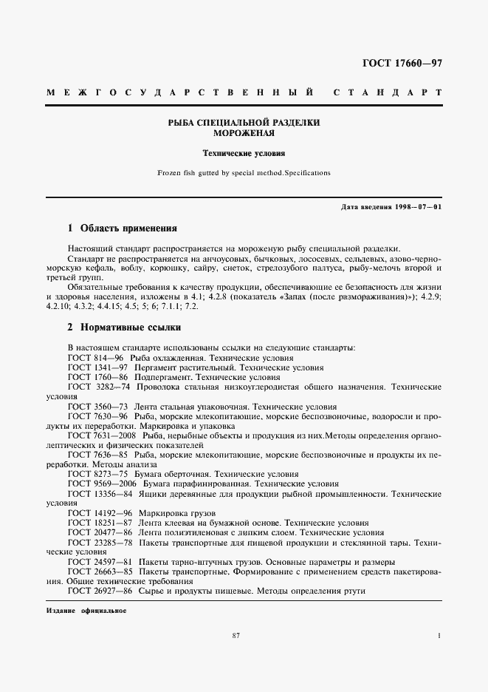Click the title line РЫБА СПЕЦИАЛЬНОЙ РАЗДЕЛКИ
coord(244,123)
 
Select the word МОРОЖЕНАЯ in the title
coord(244,134)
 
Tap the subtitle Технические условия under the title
coord(244,154)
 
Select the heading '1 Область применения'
coord(123,228)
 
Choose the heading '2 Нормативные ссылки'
coord(124,328)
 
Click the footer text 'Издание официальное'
coord(86,612)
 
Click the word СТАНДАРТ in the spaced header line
coord(388,94)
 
